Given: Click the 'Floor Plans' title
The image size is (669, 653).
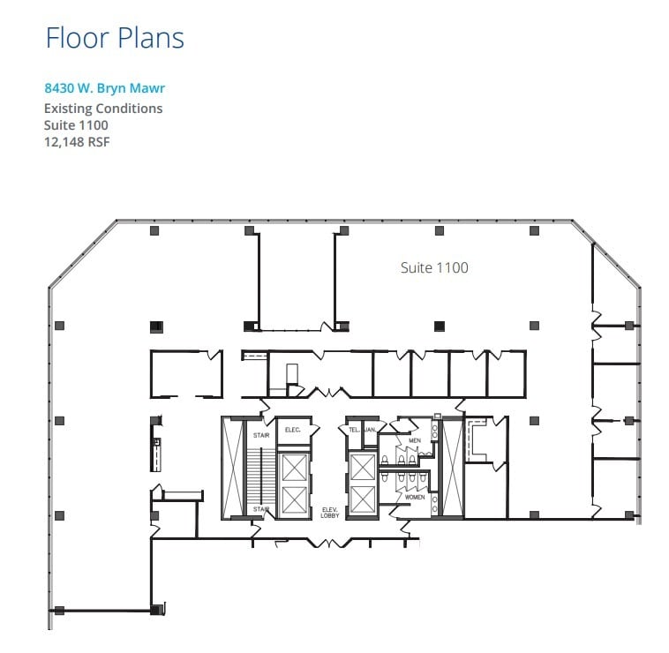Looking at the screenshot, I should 115,38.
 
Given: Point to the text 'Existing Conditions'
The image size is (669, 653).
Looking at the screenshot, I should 103,109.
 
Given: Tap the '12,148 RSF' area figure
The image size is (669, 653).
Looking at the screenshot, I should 77,141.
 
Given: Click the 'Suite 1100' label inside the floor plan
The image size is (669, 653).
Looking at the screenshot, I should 433,267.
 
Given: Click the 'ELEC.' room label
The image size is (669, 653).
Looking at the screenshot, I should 293,430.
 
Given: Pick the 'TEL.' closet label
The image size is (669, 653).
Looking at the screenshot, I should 353,430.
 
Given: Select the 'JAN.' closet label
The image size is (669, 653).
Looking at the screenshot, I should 371,430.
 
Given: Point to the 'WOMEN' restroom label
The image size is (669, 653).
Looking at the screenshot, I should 415,498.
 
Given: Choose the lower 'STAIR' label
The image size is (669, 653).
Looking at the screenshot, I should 262,510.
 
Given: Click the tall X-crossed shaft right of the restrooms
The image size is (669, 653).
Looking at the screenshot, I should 452,468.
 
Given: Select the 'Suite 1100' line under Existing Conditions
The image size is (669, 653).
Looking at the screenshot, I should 76,125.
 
